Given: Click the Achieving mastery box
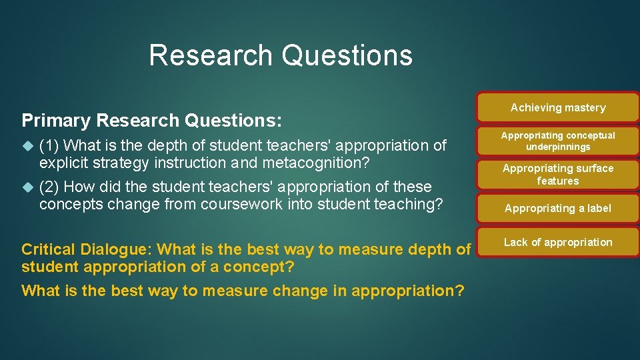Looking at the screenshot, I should tap(558, 107).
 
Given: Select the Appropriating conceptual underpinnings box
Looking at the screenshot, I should tap(558, 141).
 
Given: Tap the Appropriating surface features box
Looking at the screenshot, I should tap(558, 175).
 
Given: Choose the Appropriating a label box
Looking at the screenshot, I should tap(558, 208).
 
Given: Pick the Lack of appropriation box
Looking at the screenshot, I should tap(558, 242).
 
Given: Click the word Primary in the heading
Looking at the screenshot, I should tap(56, 121).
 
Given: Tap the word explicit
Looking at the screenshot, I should tap(63, 163).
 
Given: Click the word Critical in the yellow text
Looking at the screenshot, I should tap(49, 249).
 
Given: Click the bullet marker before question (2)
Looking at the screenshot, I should tap(27, 187).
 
